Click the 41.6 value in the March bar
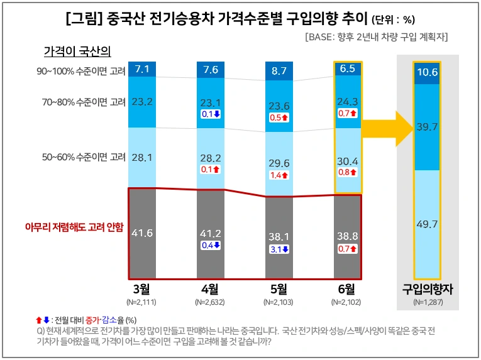(x=142, y=233)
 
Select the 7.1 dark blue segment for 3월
(x=142, y=68)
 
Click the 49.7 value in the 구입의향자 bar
(x=427, y=224)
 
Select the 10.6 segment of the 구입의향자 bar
(x=427, y=72)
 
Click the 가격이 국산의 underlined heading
(x=77, y=50)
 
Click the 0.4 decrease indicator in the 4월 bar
(x=210, y=246)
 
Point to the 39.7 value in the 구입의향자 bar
(x=427, y=128)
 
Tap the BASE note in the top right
(x=376, y=36)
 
